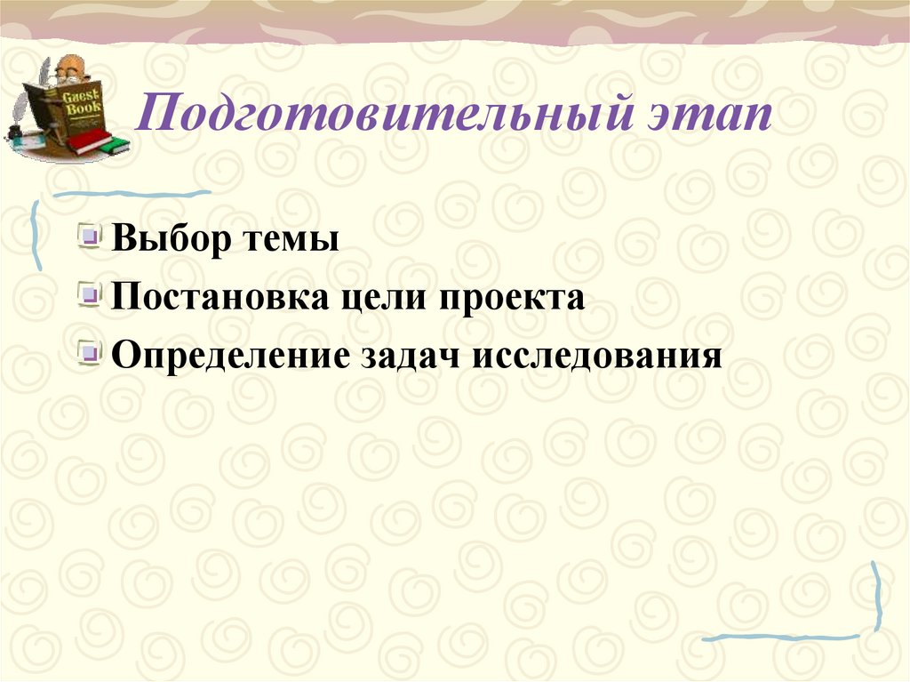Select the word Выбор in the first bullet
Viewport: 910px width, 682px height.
coord(165,240)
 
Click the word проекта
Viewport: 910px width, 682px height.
coord(510,298)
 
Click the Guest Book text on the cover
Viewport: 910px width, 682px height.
coord(83,102)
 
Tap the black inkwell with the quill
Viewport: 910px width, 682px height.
coord(14,132)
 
